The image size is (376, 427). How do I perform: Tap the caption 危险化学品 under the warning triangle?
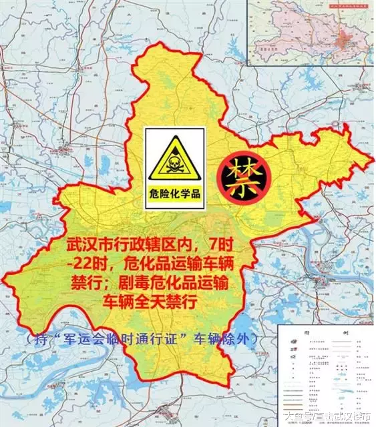point(175,195)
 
